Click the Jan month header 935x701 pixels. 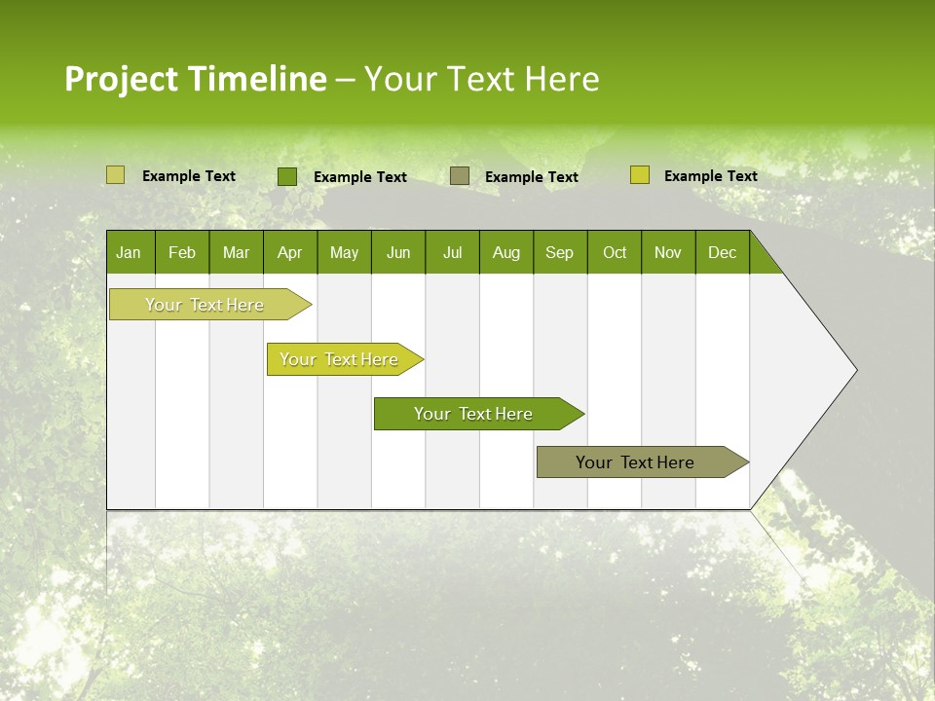[x=129, y=252]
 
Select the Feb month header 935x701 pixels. [x=182, y=252]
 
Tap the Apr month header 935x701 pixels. [x=289, y=252]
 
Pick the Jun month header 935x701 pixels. [x=398, y=252]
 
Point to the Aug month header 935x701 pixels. [x=505, y=252]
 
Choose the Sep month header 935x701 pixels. [x=559, y=252]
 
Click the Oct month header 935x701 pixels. [x=615, y=252]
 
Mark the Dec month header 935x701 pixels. [x=722, y=252]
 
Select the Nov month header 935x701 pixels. [x=668, y=252]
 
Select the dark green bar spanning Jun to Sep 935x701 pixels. [x=474, y=414]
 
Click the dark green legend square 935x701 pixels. [x=287, y=176]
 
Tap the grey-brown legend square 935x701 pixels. [x=460, y=176]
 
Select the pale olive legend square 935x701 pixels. [x=115, y=175]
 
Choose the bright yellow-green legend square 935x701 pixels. [x=639, y=175]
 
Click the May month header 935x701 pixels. [x=344, y=252]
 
